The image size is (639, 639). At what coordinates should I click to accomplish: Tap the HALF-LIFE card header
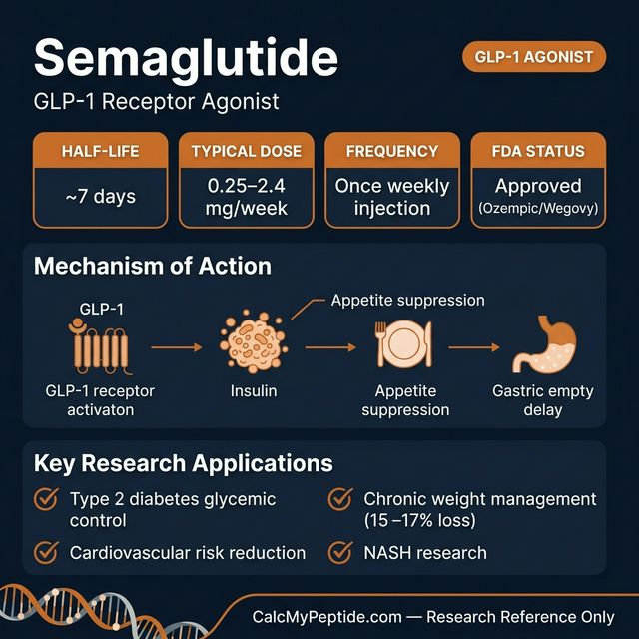pos(100,152)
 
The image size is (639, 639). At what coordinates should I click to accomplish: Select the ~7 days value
pos(100,197)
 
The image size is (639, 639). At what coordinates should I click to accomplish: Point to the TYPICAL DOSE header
pos(247,152)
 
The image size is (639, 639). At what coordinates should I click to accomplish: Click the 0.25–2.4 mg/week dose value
pos(247,197)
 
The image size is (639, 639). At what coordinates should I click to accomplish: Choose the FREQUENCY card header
pos(392,152)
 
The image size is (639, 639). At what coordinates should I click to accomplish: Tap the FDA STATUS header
pos(538,152)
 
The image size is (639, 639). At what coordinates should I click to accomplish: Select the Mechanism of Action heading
pos(153,267)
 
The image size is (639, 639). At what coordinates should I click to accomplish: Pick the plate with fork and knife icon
pos(403,345)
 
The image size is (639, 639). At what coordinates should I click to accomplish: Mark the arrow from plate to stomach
pos(474,347)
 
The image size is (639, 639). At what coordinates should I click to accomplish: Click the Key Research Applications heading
pos(184,464)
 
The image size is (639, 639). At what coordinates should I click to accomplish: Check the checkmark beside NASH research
pos(340,551)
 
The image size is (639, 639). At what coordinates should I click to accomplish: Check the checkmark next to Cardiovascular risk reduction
pos(46,551)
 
